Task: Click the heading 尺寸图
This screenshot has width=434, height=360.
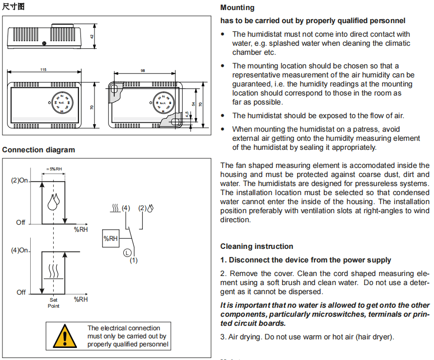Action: coord(13,7)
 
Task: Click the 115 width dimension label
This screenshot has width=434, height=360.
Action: coord(43,70)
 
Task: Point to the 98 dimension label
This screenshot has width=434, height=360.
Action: coord(143,70)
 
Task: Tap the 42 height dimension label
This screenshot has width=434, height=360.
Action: coord(92,37)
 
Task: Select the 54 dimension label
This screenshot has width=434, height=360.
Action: coord(194,104)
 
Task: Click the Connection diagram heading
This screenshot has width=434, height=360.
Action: coord(39,150)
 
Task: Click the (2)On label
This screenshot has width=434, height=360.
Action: coord(20,181)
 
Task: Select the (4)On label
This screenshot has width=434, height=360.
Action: coord(20,250)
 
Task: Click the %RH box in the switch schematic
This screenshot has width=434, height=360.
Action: coord(111,238)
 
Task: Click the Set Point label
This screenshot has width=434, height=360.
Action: coord(53,303)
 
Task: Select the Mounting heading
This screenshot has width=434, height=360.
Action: coord(237,8)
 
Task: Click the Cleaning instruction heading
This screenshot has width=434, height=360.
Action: coord(256,246)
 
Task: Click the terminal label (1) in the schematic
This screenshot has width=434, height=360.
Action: coord(133,260)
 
